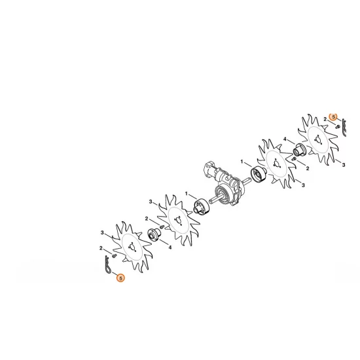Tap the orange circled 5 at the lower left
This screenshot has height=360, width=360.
[119, 278]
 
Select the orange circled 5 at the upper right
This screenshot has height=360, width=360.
[333, 117]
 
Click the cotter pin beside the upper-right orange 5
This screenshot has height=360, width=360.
[344, 129]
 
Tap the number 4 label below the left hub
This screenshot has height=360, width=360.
[170, 247]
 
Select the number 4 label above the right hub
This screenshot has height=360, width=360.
[285, 139]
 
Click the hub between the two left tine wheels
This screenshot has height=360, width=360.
[156, 233]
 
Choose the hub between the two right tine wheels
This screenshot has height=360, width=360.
[300, 151]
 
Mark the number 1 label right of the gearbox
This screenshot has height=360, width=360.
[242, 161]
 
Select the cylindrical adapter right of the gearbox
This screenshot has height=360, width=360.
[256, 175]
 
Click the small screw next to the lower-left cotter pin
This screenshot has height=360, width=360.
[114, 255]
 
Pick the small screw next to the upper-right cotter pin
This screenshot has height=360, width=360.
[336, 126]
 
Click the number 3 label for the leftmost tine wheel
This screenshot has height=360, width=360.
[102, 233]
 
